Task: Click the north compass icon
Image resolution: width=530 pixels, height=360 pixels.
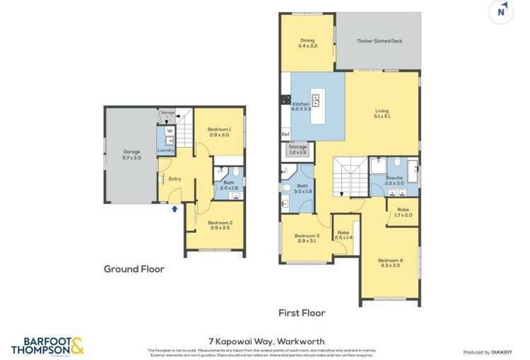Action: [501, 11]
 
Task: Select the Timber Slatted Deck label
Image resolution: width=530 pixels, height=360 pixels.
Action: [379, 41]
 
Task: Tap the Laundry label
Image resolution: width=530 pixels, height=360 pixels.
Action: [166, 150]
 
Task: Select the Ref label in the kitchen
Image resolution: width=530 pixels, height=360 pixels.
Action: [285, 134]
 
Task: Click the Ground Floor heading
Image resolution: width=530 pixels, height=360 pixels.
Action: [134, 269]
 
